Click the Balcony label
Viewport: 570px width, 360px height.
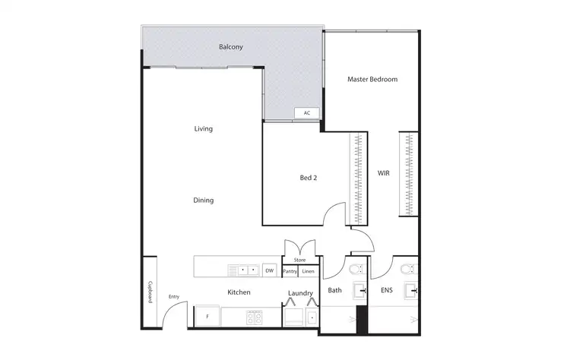[x=231, y=47]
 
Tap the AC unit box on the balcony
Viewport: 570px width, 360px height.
[x=307, y=113]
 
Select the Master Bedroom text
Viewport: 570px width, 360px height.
[x=372, y=79]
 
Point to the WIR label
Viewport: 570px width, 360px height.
[x=384, y=173]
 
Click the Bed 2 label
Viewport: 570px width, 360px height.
[x=308, y=178]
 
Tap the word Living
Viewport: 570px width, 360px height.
[x=203, y=129]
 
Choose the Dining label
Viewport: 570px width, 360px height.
[x=203, y=201]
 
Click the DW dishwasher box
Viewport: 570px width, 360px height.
[x=269, y=270]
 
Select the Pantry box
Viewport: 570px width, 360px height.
[x=290, y=271]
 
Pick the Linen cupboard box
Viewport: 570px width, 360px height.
[x=308, y=271]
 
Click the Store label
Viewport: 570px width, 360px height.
[x=299, y=261]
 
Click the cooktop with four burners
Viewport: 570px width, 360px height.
[x=254, y=317]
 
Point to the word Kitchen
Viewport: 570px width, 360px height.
[x=239, y=292]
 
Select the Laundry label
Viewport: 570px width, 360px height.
[x=301, y=293]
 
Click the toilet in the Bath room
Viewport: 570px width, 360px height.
[x=356, y=270]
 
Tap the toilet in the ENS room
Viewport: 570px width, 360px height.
[x=407, y=269]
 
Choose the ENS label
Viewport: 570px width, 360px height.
[x=387, y=290]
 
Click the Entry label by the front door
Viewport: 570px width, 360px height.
[x=174, y=296]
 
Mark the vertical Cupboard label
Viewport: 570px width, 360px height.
[x=150, y=292]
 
